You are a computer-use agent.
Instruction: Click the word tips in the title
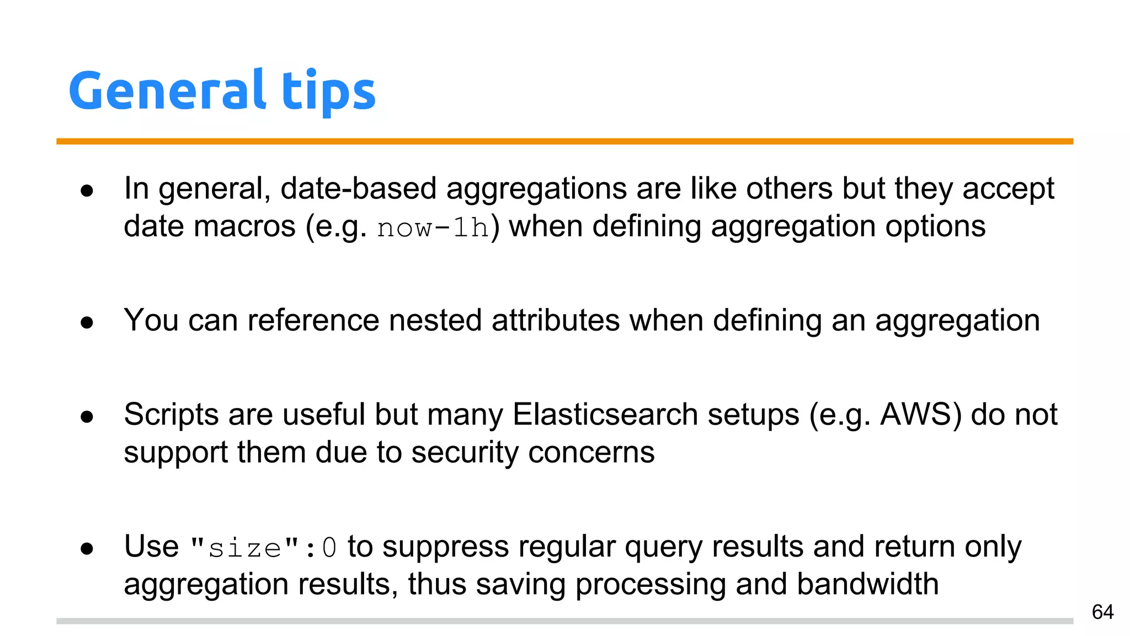click(329, 91)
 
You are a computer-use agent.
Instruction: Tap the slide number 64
click(1102, 612)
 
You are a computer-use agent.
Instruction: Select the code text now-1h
click(433, 227)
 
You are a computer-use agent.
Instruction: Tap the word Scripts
click(171, 414)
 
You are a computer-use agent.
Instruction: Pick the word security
click(465, 453)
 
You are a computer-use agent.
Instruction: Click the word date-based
click(359, 189)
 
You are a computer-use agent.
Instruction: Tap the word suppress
click(445, 548)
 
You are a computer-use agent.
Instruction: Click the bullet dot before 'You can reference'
click(87, 322)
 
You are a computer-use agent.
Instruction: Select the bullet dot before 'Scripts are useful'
click(87, 417)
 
